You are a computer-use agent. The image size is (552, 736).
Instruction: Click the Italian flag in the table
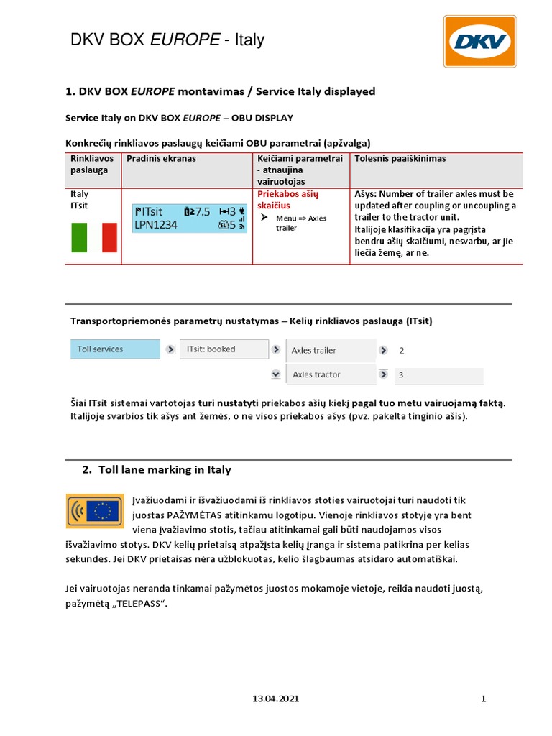[94, 237]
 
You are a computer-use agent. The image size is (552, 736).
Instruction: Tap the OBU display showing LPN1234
[190, 218]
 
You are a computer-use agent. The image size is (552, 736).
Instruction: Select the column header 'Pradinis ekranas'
[161, 158]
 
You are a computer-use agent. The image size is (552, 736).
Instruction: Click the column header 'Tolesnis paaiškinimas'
[400, 158]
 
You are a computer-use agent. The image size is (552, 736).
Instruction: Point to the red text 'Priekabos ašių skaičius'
[287, 200]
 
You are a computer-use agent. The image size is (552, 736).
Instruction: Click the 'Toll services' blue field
[115, 349]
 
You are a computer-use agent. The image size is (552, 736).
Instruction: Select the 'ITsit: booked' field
[221, 349]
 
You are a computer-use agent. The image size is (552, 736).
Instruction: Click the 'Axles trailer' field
[330, 350]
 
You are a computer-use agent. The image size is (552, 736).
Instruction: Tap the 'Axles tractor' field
[330, 374]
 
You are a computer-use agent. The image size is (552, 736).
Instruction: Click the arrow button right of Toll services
[170, 350]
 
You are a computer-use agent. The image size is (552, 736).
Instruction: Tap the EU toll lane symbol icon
[94, 511]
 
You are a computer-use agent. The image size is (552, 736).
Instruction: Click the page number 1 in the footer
[484, 699]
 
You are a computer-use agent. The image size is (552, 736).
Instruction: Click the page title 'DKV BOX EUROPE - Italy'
[167, 40]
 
